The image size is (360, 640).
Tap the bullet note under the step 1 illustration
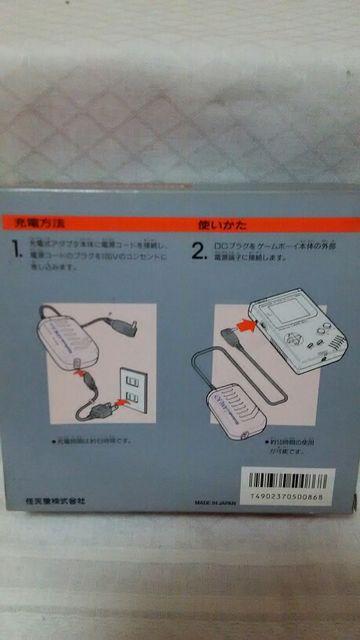point(90,440)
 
